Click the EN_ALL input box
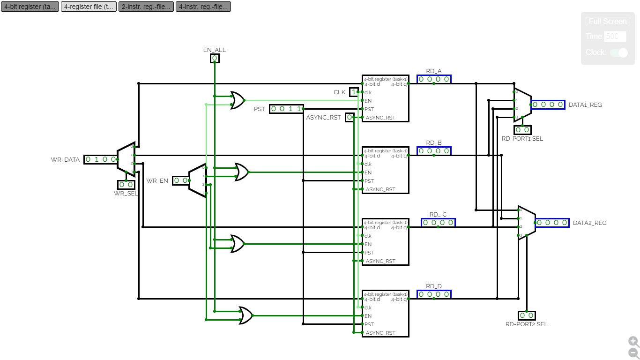click(214, 59)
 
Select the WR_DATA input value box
click(101, 159)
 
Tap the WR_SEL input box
click(126, 185)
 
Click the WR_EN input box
click(181, 180)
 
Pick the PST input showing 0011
click(286, 109)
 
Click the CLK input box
click(354, 92)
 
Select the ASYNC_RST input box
click(350, 117)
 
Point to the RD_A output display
click(434, 79)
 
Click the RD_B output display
click(434, 151)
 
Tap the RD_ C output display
click(438, 223)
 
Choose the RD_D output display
click(434, 294)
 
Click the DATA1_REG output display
click(548, 105)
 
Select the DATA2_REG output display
click(552, 223)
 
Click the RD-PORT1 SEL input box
click(522, 130)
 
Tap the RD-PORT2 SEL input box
click(527, 315)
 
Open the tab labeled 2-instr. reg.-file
click(146, 7)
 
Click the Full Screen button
click(608, 22)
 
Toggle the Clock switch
click(619, 52)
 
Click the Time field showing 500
click(615, 37)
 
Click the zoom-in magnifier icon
click(633, 341)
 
